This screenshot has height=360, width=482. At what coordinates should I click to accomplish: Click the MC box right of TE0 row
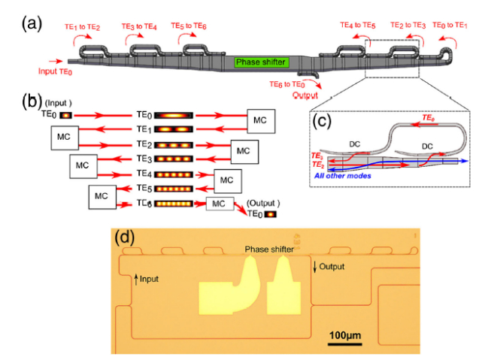(x=261, y=119)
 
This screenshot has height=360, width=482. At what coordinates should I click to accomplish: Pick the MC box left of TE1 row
(x=66, y=136)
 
